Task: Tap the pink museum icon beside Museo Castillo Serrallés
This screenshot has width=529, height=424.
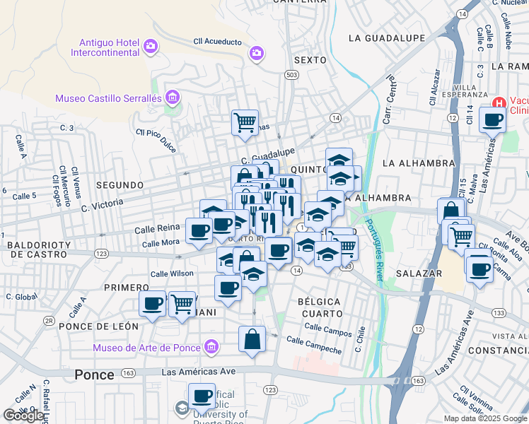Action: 172,97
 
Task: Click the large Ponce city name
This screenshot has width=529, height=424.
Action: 94,375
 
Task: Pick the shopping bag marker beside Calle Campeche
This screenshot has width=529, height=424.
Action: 252,340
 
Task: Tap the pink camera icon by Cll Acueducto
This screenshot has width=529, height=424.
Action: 257,52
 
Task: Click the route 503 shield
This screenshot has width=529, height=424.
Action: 292,74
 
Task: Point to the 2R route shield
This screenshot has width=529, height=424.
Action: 49,320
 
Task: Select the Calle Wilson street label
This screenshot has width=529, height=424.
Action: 172,273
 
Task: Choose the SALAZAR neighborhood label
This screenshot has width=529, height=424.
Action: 419,273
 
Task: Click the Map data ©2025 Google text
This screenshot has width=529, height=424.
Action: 484,418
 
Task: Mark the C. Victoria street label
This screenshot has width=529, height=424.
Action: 103,204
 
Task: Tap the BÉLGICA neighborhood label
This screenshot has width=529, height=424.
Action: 319,302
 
